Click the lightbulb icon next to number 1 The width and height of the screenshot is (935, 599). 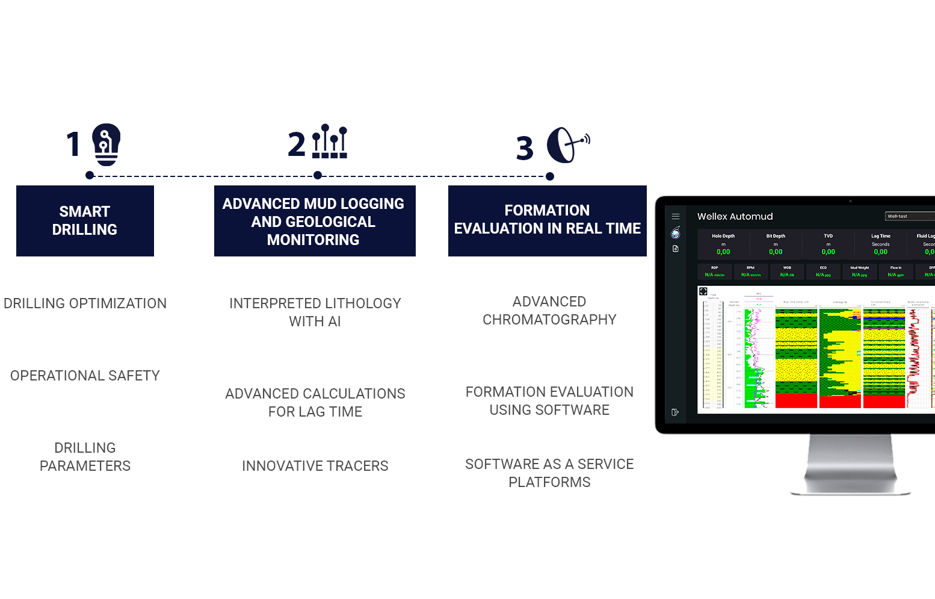(x=106, y=144)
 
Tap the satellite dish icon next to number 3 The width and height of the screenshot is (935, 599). (x=567, y=145)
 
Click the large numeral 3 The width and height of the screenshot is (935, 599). (x=525, y=148)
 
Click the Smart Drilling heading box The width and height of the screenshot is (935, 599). (x=85, y=221)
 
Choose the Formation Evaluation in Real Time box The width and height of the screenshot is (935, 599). (x=547, y=220)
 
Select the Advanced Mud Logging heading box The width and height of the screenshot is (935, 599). (x=314, y=221)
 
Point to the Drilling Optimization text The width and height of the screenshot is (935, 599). (x=85, y=303)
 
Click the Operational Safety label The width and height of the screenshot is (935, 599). (x=85, y=376)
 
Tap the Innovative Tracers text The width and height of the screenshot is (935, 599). (x=315, y=466)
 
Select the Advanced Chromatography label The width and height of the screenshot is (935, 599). (x=549, y=311)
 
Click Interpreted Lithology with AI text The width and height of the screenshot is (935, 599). (x=315, y=312)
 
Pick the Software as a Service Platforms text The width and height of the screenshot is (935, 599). (x=549, y=473)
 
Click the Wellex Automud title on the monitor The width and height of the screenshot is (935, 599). (x=735, y=217)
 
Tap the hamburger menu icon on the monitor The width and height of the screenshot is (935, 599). (x=676, y=216)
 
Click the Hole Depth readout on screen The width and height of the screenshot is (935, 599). (x=723, y=244)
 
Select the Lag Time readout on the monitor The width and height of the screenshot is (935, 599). (x=880, y=244)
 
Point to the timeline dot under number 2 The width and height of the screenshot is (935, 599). (x=318, y=175)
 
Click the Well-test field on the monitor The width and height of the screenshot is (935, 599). (x=909, y=216)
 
